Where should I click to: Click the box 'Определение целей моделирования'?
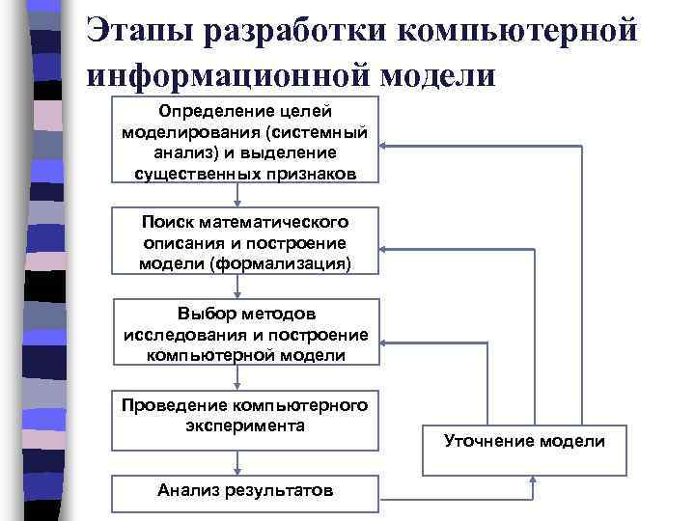(x=245, y=140)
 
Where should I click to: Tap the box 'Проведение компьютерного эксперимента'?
(x=245, y=419)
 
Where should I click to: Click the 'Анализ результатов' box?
(x=245, y=491)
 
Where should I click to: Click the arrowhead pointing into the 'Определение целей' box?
(x=385, y=145)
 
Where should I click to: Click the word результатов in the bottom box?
(x=285, y=491)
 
